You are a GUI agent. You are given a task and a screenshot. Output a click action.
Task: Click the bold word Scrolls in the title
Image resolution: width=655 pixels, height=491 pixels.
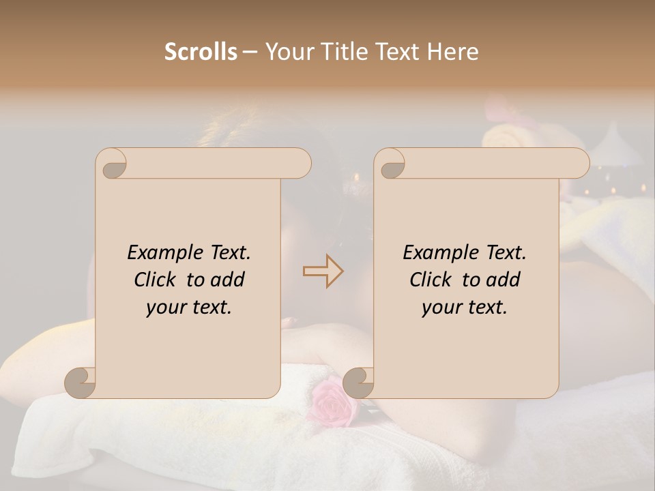point(201,52)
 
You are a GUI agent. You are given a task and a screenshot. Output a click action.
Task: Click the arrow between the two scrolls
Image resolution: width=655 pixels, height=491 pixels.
point(323,271)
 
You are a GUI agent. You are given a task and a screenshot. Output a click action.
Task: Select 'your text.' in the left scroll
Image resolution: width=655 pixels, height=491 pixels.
point(189,308)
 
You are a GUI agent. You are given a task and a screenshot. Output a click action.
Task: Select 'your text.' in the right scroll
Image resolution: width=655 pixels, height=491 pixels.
point(465,308)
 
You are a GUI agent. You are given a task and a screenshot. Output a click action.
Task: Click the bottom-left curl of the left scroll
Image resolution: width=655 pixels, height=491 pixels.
point(81,383)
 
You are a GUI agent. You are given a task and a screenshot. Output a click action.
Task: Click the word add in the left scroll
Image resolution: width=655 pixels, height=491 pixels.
point(228,280)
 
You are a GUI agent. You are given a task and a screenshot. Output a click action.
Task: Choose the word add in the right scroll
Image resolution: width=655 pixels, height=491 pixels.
point(504,280)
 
